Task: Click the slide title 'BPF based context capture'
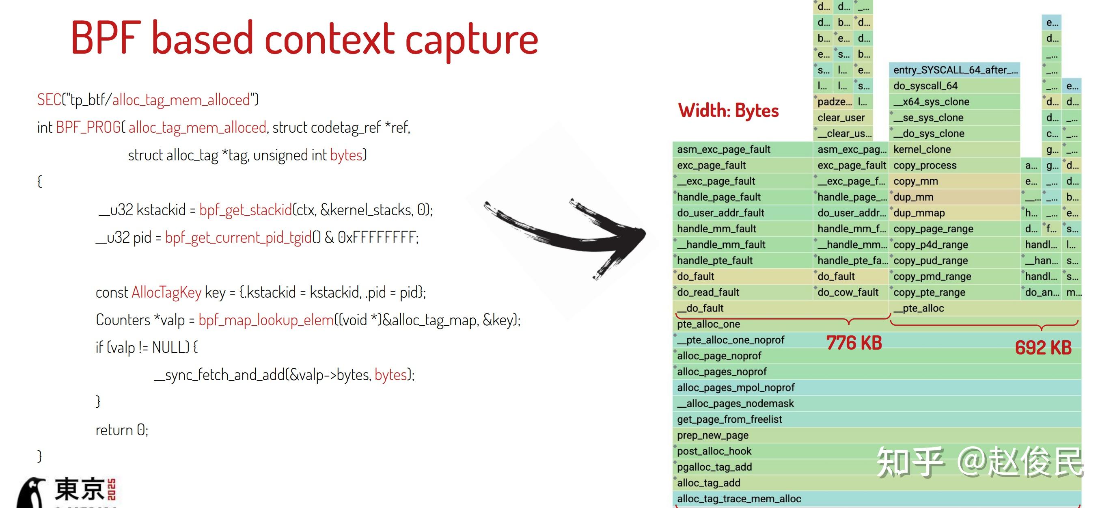click(304, 39)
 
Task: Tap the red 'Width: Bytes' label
click(729, 111)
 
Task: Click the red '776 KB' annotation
click(854, 343)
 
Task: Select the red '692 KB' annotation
click(1043, 348)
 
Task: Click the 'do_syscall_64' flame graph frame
click(925, 86)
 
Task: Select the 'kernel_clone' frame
click(922, 149)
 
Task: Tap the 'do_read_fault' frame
click(708, 292)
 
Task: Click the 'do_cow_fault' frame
click(848, 292)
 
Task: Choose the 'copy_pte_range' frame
click(929, 292)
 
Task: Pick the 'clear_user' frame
click(841, 118)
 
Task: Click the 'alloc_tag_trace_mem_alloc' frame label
click(739, 499)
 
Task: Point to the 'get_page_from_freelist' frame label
click(729, 419)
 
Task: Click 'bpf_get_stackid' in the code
click(246, 210)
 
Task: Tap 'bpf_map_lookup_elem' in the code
click(266, 320)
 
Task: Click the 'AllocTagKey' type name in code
click(166, 293)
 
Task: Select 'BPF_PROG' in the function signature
click(88, 128)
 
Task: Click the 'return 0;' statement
click(122, 430)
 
